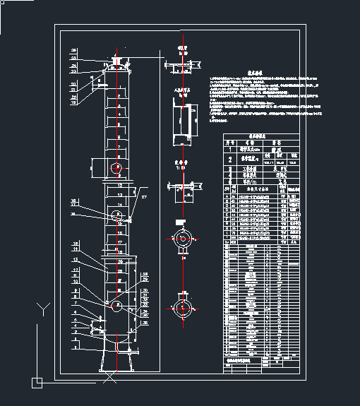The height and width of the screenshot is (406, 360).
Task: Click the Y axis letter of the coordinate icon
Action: coord(44,309)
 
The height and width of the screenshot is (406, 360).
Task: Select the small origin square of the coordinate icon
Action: coord(37,382)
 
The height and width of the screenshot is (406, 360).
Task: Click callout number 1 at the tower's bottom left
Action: coord(75,346)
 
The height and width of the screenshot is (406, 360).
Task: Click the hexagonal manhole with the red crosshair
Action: coord(118,167)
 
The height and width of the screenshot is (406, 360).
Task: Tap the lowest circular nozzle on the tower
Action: coord(118,304)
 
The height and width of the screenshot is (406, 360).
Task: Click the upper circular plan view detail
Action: coord(183,239)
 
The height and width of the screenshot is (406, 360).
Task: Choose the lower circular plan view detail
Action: coord(183,308)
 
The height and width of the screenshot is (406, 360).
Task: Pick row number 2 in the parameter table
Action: coord(228,159)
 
